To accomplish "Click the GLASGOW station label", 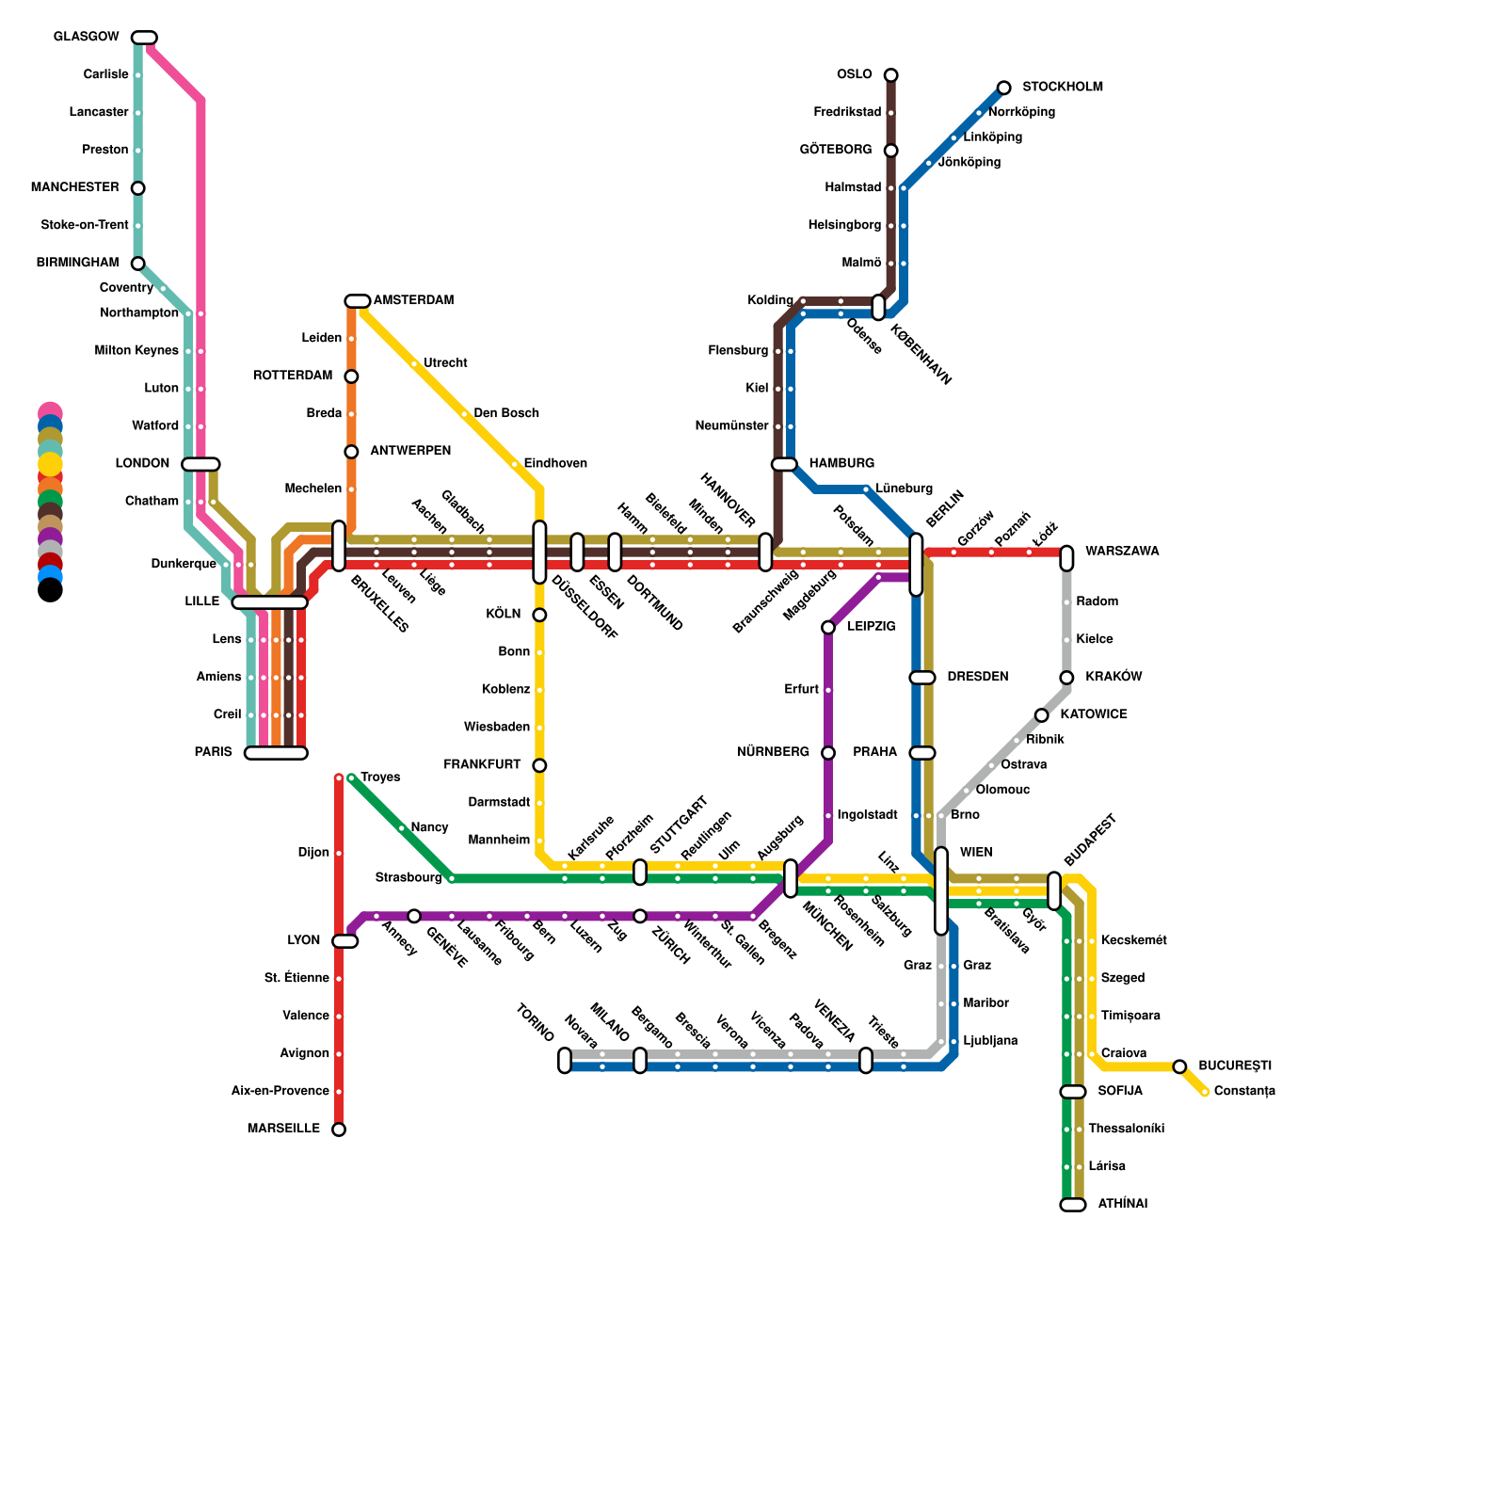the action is [x=86, y=38].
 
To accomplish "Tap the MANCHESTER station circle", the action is [x=138, y=188].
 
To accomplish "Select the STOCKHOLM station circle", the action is [x=1004, y=88].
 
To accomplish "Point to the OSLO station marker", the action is [x=890, y=75].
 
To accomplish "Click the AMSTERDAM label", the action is [x=413, y=301].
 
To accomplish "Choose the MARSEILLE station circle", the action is [x=339, y=1129].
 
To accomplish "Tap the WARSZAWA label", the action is [x=1121, y=552].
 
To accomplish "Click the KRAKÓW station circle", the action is [x=1066, y=678].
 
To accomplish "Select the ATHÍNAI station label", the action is [x=1122, y=1205].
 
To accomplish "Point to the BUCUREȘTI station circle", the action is [x=1179, y=1066].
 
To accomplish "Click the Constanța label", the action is [x=1244, y=1092].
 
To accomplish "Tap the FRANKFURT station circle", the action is [x=539, y=765].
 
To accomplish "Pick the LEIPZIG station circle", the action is [x=828, y=627].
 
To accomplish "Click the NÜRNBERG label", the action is [x=773, y=753].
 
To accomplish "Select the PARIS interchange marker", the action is [x=276, y=753].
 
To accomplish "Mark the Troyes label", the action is [x=380, y=777].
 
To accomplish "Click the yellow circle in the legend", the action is [x=51, y=464].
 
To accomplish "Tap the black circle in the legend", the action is [x=51, y=590].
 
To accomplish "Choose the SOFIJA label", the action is [x=1119, y=1092].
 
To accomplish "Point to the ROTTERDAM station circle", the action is [x=351, y=376].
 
